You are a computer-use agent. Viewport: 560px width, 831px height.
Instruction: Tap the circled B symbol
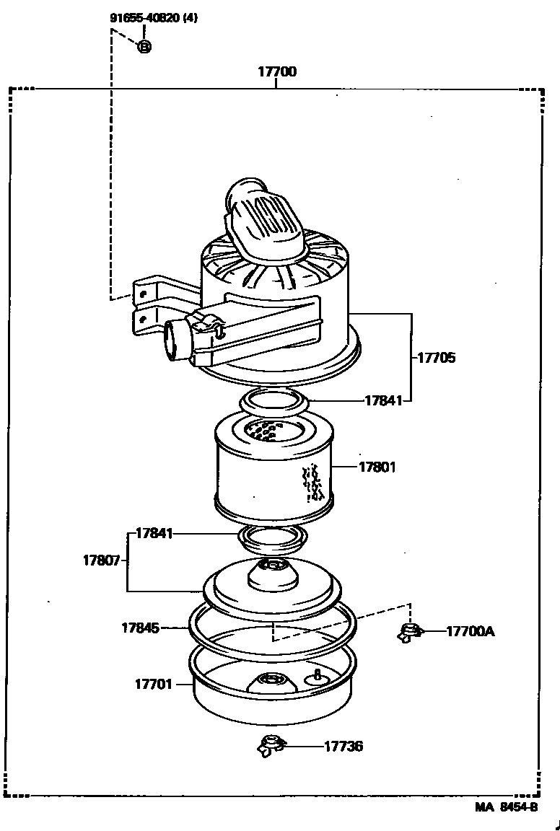(144, 47)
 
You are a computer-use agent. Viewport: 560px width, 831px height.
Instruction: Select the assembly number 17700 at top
(277, 72)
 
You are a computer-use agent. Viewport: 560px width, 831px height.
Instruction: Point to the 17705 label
(436, 357)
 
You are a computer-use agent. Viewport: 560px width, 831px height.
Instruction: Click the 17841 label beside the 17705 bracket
(382, 400)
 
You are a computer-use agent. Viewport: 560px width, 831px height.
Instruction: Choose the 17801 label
(377, 467)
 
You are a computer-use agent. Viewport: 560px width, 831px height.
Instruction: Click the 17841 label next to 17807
(154, 534)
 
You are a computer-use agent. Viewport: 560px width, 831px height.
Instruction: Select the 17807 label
(101, 560)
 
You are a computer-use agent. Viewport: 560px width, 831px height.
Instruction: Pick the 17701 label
(153, 683)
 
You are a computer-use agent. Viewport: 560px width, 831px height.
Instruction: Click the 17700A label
(470, 631)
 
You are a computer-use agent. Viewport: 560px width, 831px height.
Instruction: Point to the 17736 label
(344, 746)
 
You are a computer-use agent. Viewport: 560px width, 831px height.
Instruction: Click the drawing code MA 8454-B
(506, 807)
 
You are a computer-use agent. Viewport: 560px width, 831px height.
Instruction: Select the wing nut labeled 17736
(271, 746)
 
